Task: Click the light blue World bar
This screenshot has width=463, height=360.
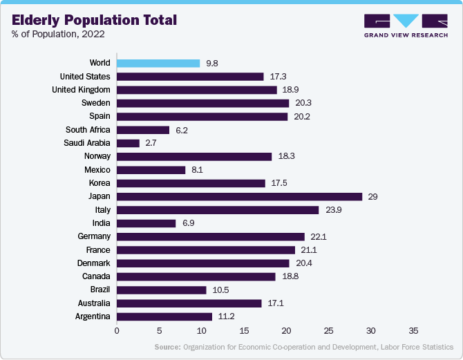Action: pyautogui.click(x=158, y=63)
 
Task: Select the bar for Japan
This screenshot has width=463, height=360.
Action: pyautogui.click(x=239, y=196)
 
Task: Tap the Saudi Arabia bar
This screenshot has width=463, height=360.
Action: pyautogui.click(x=128, y=143)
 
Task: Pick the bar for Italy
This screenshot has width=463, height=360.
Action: pyautogui.click(x=218, y=209)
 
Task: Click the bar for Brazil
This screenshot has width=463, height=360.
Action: pyautogui.click(x=161, y=290)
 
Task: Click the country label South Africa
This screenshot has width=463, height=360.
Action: pyautogui.click(x=88, y=129)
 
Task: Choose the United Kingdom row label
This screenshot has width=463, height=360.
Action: pyautogui.click(x=81, y=90)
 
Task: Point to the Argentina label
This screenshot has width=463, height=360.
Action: pyautogui.click(x=91, y=316)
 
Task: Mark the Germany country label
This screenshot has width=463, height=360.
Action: pyautogui.click(x=94, y=236)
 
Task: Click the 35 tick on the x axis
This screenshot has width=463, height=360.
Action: pyautogui.click(x=414, y=330)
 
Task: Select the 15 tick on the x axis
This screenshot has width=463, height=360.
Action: pyautogui.click(x=244, y=330)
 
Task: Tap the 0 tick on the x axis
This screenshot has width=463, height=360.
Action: pyautogui.click(x=117, y=330)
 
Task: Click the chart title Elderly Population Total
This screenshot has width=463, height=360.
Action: pyautogui.click(x=94, y=20)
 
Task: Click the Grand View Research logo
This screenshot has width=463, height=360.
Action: pyautogui.click(x=405, y=25)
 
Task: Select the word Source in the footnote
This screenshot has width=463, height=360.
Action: pyautogui.click(x=167, y=347)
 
